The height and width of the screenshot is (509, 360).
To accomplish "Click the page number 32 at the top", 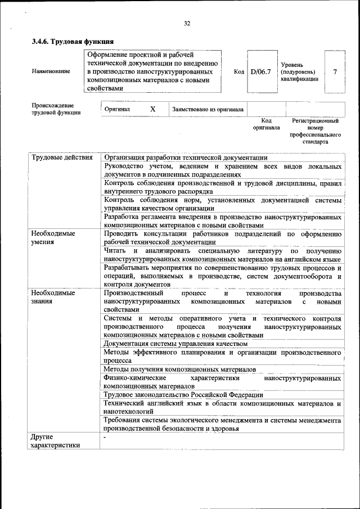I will pos(187,23).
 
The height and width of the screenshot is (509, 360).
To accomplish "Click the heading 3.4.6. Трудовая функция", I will pos(73,42).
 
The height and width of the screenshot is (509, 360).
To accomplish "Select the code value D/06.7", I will pos(260,72).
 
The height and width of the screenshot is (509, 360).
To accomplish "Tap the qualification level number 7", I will pos(335,72).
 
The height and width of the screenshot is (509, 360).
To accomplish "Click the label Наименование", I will pos(51,72).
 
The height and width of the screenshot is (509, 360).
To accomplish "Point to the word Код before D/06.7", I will pos(238,72).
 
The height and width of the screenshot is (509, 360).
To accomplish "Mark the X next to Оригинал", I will pos(152,109).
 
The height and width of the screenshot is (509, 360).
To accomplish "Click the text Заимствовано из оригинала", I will pos(208,109).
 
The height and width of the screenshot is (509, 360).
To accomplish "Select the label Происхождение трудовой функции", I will pos(56,109).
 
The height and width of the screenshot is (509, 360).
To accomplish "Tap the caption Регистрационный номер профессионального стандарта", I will pos(315,132).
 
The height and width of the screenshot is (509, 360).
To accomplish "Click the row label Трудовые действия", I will pos(62,157).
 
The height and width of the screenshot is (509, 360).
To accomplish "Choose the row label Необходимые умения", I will pos(53,237).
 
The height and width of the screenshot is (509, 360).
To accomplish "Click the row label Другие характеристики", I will pos(55,441).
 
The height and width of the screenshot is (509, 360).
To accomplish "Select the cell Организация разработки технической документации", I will pos(186,157).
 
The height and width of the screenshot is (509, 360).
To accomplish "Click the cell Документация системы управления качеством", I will pos(175,343).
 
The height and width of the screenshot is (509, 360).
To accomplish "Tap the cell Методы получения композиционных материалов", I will pos(180,369).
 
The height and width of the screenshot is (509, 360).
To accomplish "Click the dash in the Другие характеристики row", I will pos(105,436).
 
